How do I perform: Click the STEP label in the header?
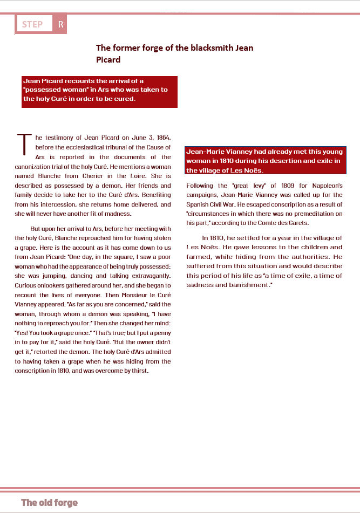click(x=32, y=24)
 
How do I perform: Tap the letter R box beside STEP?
click(x=60, y=24)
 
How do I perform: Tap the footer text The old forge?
click(x=50, y=503)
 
